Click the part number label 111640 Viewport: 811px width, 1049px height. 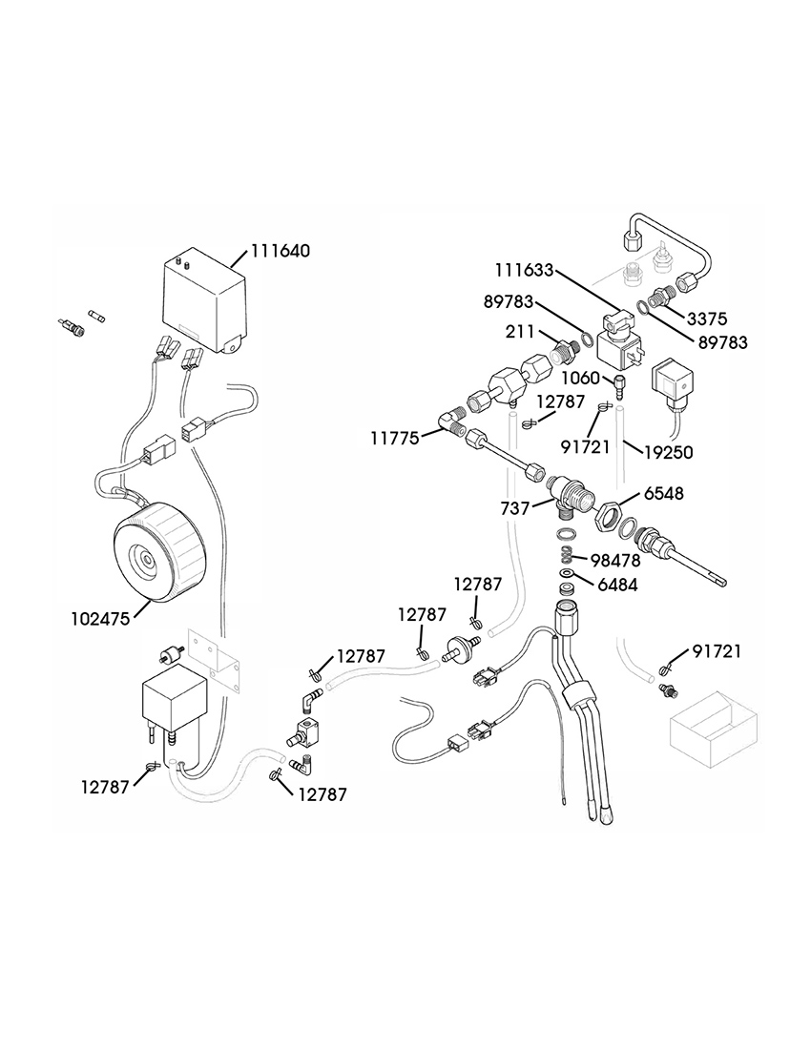tap(281, 251)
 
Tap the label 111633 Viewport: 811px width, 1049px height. tap(524, 270)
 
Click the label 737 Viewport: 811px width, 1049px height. tap(515, 508)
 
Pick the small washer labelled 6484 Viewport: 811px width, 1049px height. tap(567, 574)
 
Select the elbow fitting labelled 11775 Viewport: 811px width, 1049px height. tap(450, 421)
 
